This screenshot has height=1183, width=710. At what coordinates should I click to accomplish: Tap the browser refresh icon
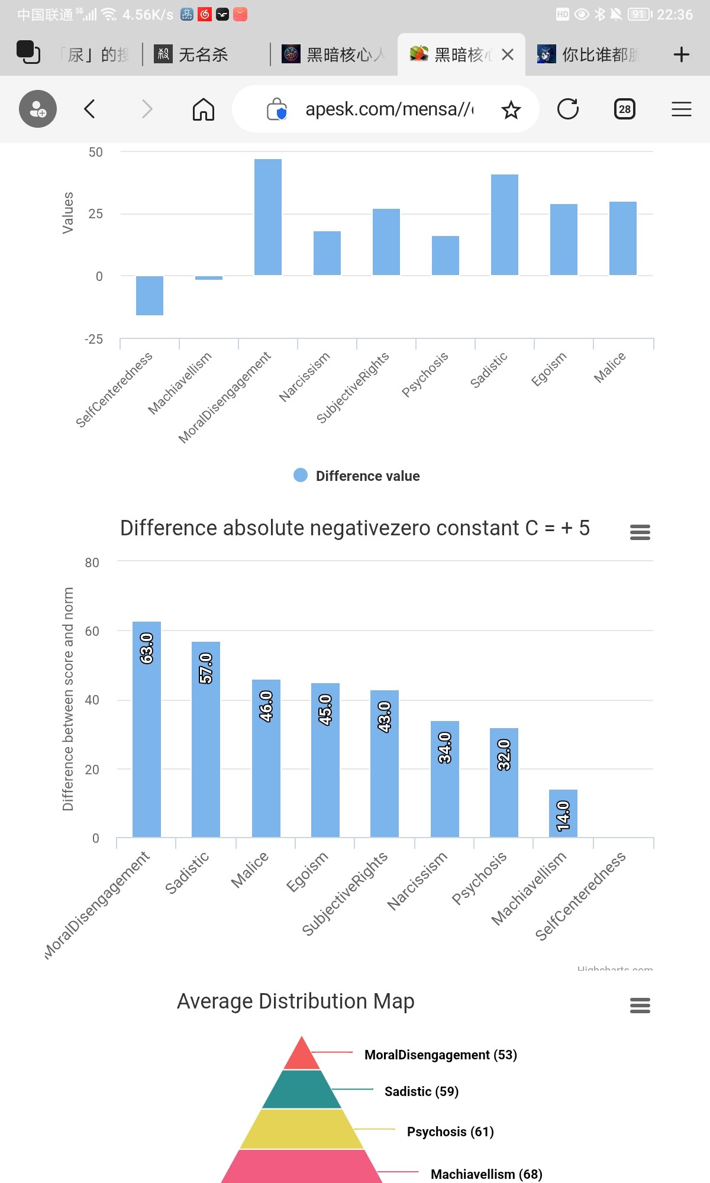(x=568, y=109)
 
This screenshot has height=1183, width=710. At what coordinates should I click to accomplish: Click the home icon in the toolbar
(x=204, y=109)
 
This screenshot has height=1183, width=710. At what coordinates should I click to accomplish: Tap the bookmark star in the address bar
(x=511, y=109)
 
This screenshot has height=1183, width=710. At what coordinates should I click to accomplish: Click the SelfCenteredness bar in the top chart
(x=150, y=295)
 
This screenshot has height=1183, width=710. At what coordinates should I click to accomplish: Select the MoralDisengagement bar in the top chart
(x=268, y=217)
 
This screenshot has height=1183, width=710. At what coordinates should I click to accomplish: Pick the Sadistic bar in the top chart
(x=505, y=225)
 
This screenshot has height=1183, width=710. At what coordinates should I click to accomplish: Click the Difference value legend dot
(x=301, y=475)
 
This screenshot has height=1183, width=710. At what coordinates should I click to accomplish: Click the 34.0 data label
(x=444, y=748)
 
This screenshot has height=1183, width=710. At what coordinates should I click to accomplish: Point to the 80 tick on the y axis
(x=92, y=563)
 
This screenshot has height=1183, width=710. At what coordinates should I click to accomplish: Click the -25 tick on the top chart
(x=93, y=339)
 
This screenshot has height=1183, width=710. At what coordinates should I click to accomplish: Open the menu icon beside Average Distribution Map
(x=640, y=1005)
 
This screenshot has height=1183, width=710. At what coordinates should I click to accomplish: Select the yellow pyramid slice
(x=302, y=1129)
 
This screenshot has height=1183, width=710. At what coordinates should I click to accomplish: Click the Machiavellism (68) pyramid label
(x=486, y=1174)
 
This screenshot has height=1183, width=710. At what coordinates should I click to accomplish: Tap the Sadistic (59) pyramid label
(x=421, y=1091)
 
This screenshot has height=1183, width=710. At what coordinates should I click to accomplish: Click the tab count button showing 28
(x=625, y=109)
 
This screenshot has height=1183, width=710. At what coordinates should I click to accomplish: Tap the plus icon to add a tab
(x=682, y=54)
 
